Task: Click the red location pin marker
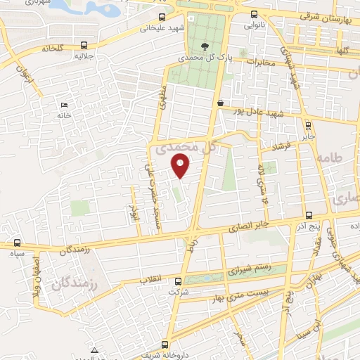181,165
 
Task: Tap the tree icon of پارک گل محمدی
204,46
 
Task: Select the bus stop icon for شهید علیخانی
162,17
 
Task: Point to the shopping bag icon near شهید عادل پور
221,103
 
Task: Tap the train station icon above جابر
309,120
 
